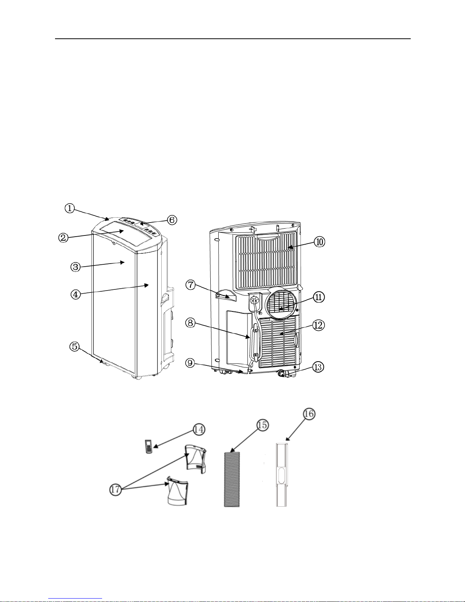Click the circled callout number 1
click(x=70, y=208)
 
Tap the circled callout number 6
click(x=172, y=220)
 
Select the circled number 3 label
click(x=75, y=267)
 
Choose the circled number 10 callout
click(x=319, y=242)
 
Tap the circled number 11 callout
click(x=318, y=297)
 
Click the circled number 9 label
click(x=191, y=363)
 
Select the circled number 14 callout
click(x=199, y=430)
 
